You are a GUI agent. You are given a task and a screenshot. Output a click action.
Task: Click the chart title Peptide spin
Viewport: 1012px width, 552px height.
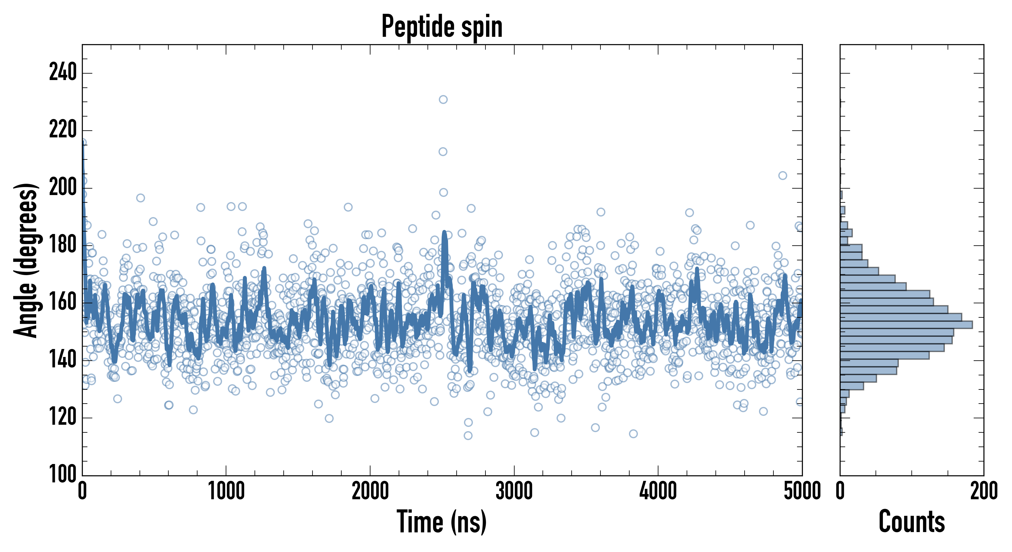tap(442, 27)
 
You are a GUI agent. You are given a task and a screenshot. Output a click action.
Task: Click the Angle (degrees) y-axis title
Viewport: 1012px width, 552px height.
tap(26, 260)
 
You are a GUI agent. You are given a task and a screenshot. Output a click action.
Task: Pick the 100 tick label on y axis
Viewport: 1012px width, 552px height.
tap(63, 475)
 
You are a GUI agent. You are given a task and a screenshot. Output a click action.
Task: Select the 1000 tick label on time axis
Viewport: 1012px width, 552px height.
tap(226, 491)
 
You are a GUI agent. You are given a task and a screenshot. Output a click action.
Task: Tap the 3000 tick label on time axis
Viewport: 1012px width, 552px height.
tap(514, 491)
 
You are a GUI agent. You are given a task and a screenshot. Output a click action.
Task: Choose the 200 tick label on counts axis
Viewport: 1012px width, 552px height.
tap(984, 491)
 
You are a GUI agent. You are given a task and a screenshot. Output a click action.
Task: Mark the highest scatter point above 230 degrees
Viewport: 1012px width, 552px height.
tap(443, 99)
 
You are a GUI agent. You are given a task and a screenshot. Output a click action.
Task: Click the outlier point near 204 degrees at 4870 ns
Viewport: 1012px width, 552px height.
tap(783, 176)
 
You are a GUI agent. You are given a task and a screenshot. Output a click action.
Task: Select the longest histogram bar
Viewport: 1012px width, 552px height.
tap(906, 324)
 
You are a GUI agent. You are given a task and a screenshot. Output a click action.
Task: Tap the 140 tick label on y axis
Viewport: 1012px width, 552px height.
tap(63, 360)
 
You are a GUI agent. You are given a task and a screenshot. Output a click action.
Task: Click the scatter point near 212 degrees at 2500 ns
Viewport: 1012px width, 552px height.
tap(443, 152)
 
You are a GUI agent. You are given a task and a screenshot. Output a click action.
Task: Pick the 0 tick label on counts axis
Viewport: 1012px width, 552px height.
tap(840, 491)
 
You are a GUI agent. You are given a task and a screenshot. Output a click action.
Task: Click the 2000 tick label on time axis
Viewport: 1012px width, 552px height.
tap(370, 491)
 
